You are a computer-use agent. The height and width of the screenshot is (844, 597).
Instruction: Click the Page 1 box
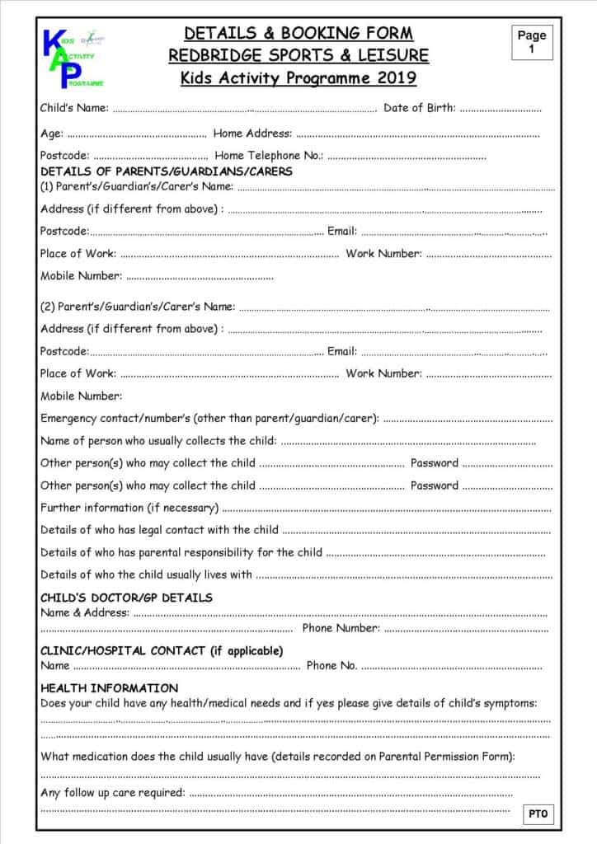pos(532,42)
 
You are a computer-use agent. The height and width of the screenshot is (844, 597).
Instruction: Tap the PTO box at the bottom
pos(538,814)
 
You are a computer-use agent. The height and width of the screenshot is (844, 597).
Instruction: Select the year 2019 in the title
pos(397,78)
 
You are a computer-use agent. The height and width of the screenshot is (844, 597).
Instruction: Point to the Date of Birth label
pos(420,108)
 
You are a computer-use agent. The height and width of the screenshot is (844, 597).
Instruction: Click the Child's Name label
pos(74,108)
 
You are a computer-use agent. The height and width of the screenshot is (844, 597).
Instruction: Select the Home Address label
pos(252,133)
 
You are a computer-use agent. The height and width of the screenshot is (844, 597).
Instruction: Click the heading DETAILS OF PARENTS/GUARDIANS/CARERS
pos(166,171)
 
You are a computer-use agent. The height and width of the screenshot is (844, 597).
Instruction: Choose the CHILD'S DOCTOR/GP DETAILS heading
pos(126,598)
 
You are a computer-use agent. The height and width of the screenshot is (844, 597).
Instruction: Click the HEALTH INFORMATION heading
pos(109,687)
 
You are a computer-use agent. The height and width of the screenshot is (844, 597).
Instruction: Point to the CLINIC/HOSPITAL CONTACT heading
pos(162,650)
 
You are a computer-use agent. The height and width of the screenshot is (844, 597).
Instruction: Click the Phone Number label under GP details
pos(341,628)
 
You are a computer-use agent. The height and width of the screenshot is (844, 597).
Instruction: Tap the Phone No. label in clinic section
pos(331,665)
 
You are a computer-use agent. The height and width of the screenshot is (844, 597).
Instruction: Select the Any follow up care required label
pos(113,792)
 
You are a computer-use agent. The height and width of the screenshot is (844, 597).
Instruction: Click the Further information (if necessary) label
pos(129,508)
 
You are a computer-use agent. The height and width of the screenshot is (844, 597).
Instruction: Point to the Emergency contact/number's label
pos(209,418)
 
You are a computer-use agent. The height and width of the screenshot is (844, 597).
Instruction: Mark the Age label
pos(51,133)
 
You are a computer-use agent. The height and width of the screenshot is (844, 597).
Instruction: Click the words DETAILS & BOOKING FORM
pos(298,34)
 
